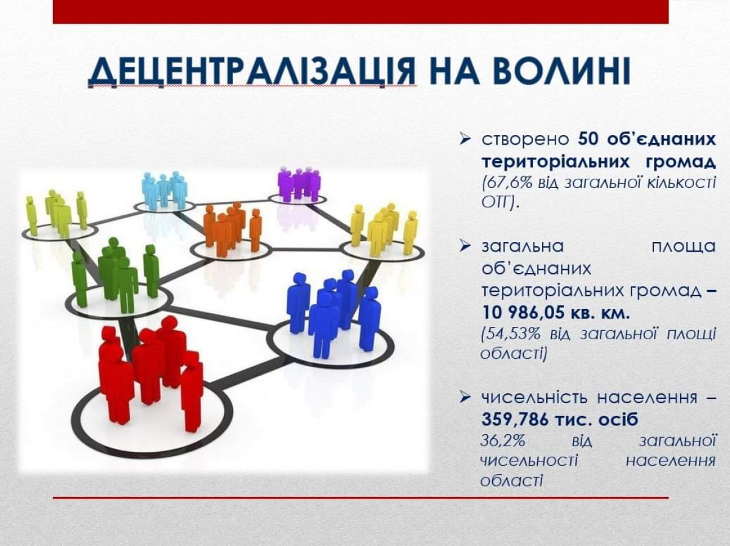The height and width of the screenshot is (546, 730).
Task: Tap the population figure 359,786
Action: [x=515, y=420]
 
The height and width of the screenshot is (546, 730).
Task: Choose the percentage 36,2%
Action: [x=503, y=441]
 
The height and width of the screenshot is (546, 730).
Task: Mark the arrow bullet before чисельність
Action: [x=464, y=398]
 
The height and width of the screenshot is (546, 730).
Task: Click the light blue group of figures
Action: [x=164, y=190]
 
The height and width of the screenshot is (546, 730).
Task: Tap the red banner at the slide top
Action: [x=361, y=12]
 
